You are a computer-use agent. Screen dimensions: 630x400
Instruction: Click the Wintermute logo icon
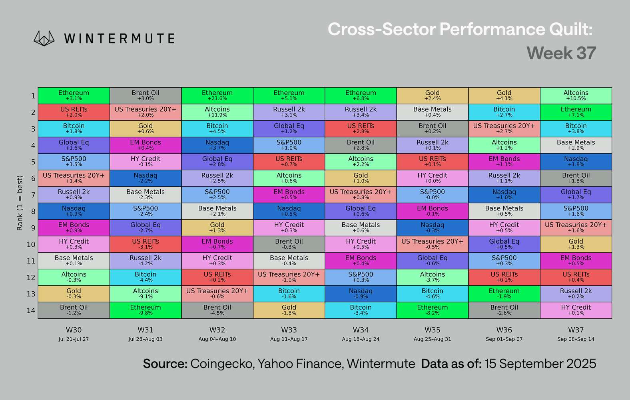(x=44, y=38)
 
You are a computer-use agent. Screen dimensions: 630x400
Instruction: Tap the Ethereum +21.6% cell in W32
(x=217, y=96)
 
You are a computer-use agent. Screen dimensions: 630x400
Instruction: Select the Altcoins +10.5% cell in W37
(x=576, y=96)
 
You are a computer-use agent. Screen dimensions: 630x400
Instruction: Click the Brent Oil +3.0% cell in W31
(x=146, y=96)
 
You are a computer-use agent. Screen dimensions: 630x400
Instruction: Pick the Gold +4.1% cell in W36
(x=504, y=96)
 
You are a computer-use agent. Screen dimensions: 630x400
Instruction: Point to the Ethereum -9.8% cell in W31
(x=146, y=310)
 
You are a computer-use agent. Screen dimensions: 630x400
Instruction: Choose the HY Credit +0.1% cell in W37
(x=576, y=310)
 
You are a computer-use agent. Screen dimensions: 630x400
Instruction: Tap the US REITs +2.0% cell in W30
(x=74, y=112)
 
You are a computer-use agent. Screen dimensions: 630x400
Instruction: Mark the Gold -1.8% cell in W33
(x=289, y=310)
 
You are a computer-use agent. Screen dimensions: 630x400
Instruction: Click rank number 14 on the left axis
(x=31, y=310)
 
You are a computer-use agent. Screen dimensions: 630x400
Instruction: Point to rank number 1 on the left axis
(x=33, y=96)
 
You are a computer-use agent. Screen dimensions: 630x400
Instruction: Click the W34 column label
(x=361, y=330)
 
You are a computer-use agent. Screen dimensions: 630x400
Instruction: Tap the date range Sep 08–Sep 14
(x=576, y=339)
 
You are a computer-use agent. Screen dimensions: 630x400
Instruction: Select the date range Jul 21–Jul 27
(x=74, y=339)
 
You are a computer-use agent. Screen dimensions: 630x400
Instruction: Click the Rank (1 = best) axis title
(x=20, y=203)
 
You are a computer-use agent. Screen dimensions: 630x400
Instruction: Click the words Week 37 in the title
(x=561, y=53)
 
